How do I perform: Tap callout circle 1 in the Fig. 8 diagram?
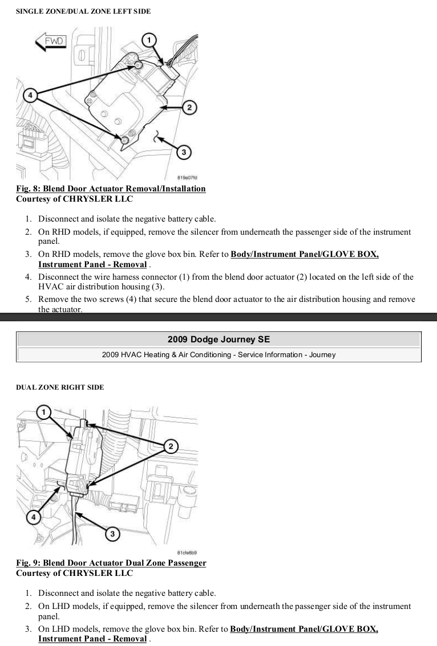point(149,40)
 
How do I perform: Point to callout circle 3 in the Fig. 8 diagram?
point(183,152)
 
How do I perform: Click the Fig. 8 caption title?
point(111,189)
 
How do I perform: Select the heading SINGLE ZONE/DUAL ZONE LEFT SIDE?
point(83,11)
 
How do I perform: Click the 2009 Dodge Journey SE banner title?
point(218,340)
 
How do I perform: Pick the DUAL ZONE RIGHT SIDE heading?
point(60,387)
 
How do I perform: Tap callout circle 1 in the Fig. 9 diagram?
point(44,411)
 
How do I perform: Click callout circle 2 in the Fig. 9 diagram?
point(169,446)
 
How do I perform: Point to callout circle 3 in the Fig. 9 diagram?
point(113,534)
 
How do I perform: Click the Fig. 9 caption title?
point(111,563)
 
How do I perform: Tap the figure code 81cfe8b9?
point(188,553)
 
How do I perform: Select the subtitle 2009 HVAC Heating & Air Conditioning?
point(218,354)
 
